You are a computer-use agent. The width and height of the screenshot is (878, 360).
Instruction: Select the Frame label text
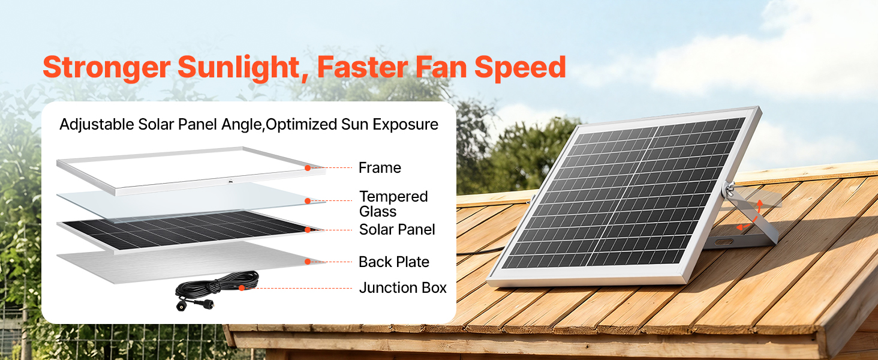380,168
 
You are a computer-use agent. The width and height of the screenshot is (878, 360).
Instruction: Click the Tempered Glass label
393,204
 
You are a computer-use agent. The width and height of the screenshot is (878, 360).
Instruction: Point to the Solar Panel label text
397,229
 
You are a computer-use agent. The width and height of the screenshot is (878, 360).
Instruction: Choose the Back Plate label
394,262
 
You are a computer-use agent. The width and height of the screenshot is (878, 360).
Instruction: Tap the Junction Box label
403,288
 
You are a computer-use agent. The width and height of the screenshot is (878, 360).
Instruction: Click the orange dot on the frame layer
308,168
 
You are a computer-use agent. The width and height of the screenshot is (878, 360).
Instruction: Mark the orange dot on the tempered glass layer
308,201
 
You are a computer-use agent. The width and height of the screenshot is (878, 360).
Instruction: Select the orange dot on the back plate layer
308,262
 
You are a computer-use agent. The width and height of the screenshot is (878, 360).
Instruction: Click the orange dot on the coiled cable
242,288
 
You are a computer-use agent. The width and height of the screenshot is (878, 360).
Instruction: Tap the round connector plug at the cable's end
181,306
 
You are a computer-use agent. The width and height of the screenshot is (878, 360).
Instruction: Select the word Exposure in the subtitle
405,125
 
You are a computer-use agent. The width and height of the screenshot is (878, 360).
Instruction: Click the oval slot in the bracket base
723,242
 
